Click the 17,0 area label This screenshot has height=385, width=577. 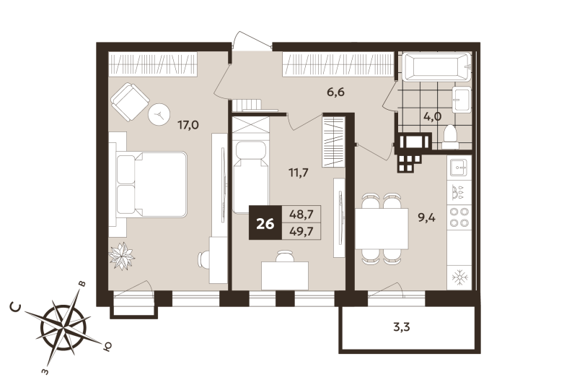188,125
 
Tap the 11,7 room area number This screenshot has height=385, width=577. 297,172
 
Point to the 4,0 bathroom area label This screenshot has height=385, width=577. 432,116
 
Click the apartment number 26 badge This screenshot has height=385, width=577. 265,223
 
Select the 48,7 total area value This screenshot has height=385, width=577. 301,215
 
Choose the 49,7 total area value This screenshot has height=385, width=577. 301,231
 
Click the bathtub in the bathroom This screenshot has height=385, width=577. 437,69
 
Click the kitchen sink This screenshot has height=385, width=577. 459,168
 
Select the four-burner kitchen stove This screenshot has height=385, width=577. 459,217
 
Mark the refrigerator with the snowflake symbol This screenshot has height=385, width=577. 458,277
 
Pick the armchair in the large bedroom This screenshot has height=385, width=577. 130,100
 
